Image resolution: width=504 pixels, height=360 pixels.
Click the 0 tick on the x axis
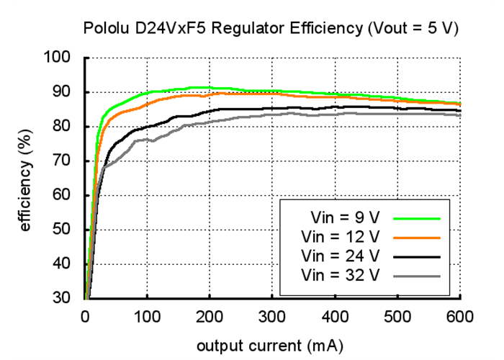[85, 315]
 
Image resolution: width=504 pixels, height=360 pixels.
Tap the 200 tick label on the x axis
[210, 315]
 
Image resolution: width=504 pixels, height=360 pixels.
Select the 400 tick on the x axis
[335, 315]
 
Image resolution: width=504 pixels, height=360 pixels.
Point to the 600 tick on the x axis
[459, 315]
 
